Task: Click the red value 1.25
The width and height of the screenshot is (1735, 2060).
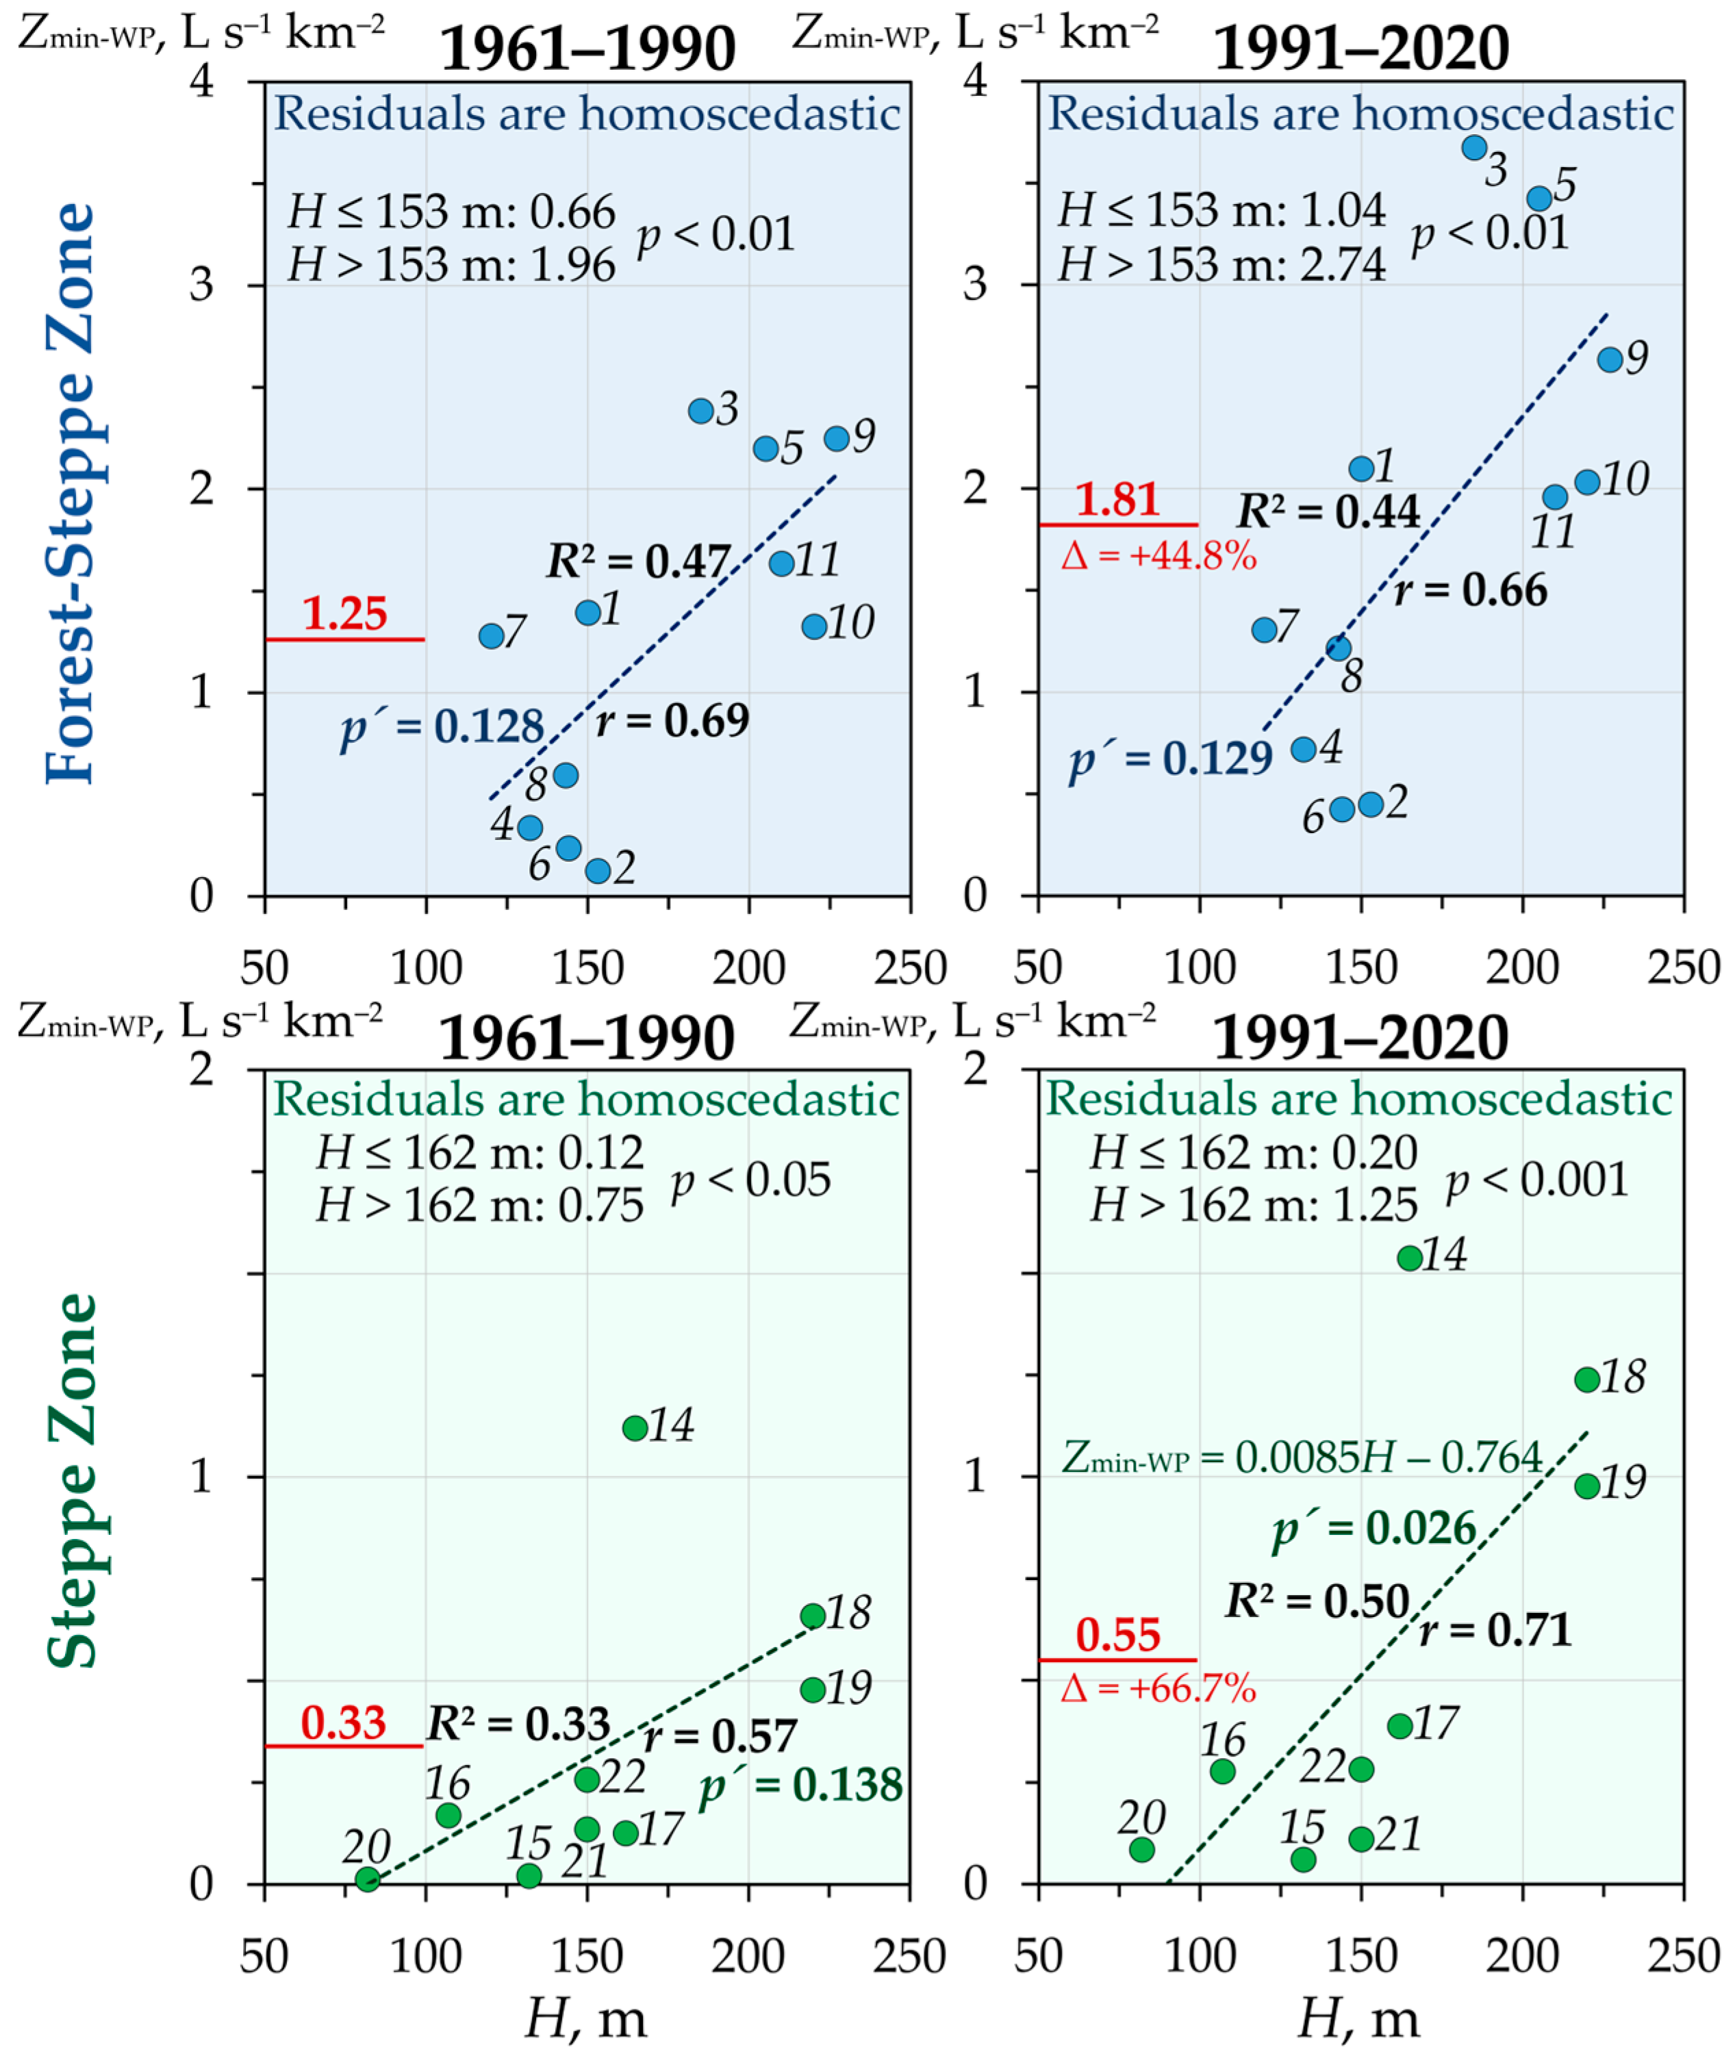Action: point(344,613)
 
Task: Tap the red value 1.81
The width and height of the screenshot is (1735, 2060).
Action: point(1117,500)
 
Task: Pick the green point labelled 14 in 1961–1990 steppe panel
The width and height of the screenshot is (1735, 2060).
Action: point(635,1427)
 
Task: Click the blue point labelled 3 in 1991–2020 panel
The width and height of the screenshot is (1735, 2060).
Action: point(1473,147)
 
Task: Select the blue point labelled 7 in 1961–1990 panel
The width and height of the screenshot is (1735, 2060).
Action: point(491,636)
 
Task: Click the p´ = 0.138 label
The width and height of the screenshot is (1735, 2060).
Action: point(800,1785)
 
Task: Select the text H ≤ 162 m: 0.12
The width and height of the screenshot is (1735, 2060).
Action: point(480,1152)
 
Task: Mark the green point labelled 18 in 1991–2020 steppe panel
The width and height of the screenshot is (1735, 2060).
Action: point(1586,1379)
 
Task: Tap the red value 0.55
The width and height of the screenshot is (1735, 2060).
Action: point(1118,1636)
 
